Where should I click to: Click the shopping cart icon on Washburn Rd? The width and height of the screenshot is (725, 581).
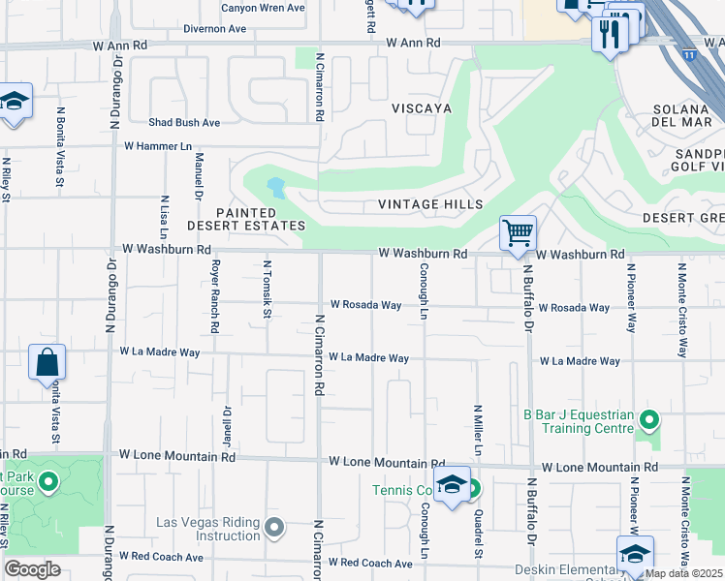519,233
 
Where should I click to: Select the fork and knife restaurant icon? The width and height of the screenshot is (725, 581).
610,36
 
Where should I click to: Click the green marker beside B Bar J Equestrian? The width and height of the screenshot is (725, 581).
649,420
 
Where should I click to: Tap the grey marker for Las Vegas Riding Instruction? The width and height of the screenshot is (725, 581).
275,528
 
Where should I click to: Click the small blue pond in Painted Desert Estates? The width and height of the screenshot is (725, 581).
277,187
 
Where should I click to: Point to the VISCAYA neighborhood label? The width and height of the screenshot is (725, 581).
422,108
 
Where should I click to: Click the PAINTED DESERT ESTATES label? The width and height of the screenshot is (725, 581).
260,219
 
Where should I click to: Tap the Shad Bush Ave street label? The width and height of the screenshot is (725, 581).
184,123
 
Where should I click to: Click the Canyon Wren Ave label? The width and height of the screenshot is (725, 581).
263,8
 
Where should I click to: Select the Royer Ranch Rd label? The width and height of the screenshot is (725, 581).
215,295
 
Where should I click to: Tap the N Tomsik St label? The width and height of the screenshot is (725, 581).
268,289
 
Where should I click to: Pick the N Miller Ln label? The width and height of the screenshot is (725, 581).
478,430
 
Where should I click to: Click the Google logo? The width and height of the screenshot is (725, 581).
33,569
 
